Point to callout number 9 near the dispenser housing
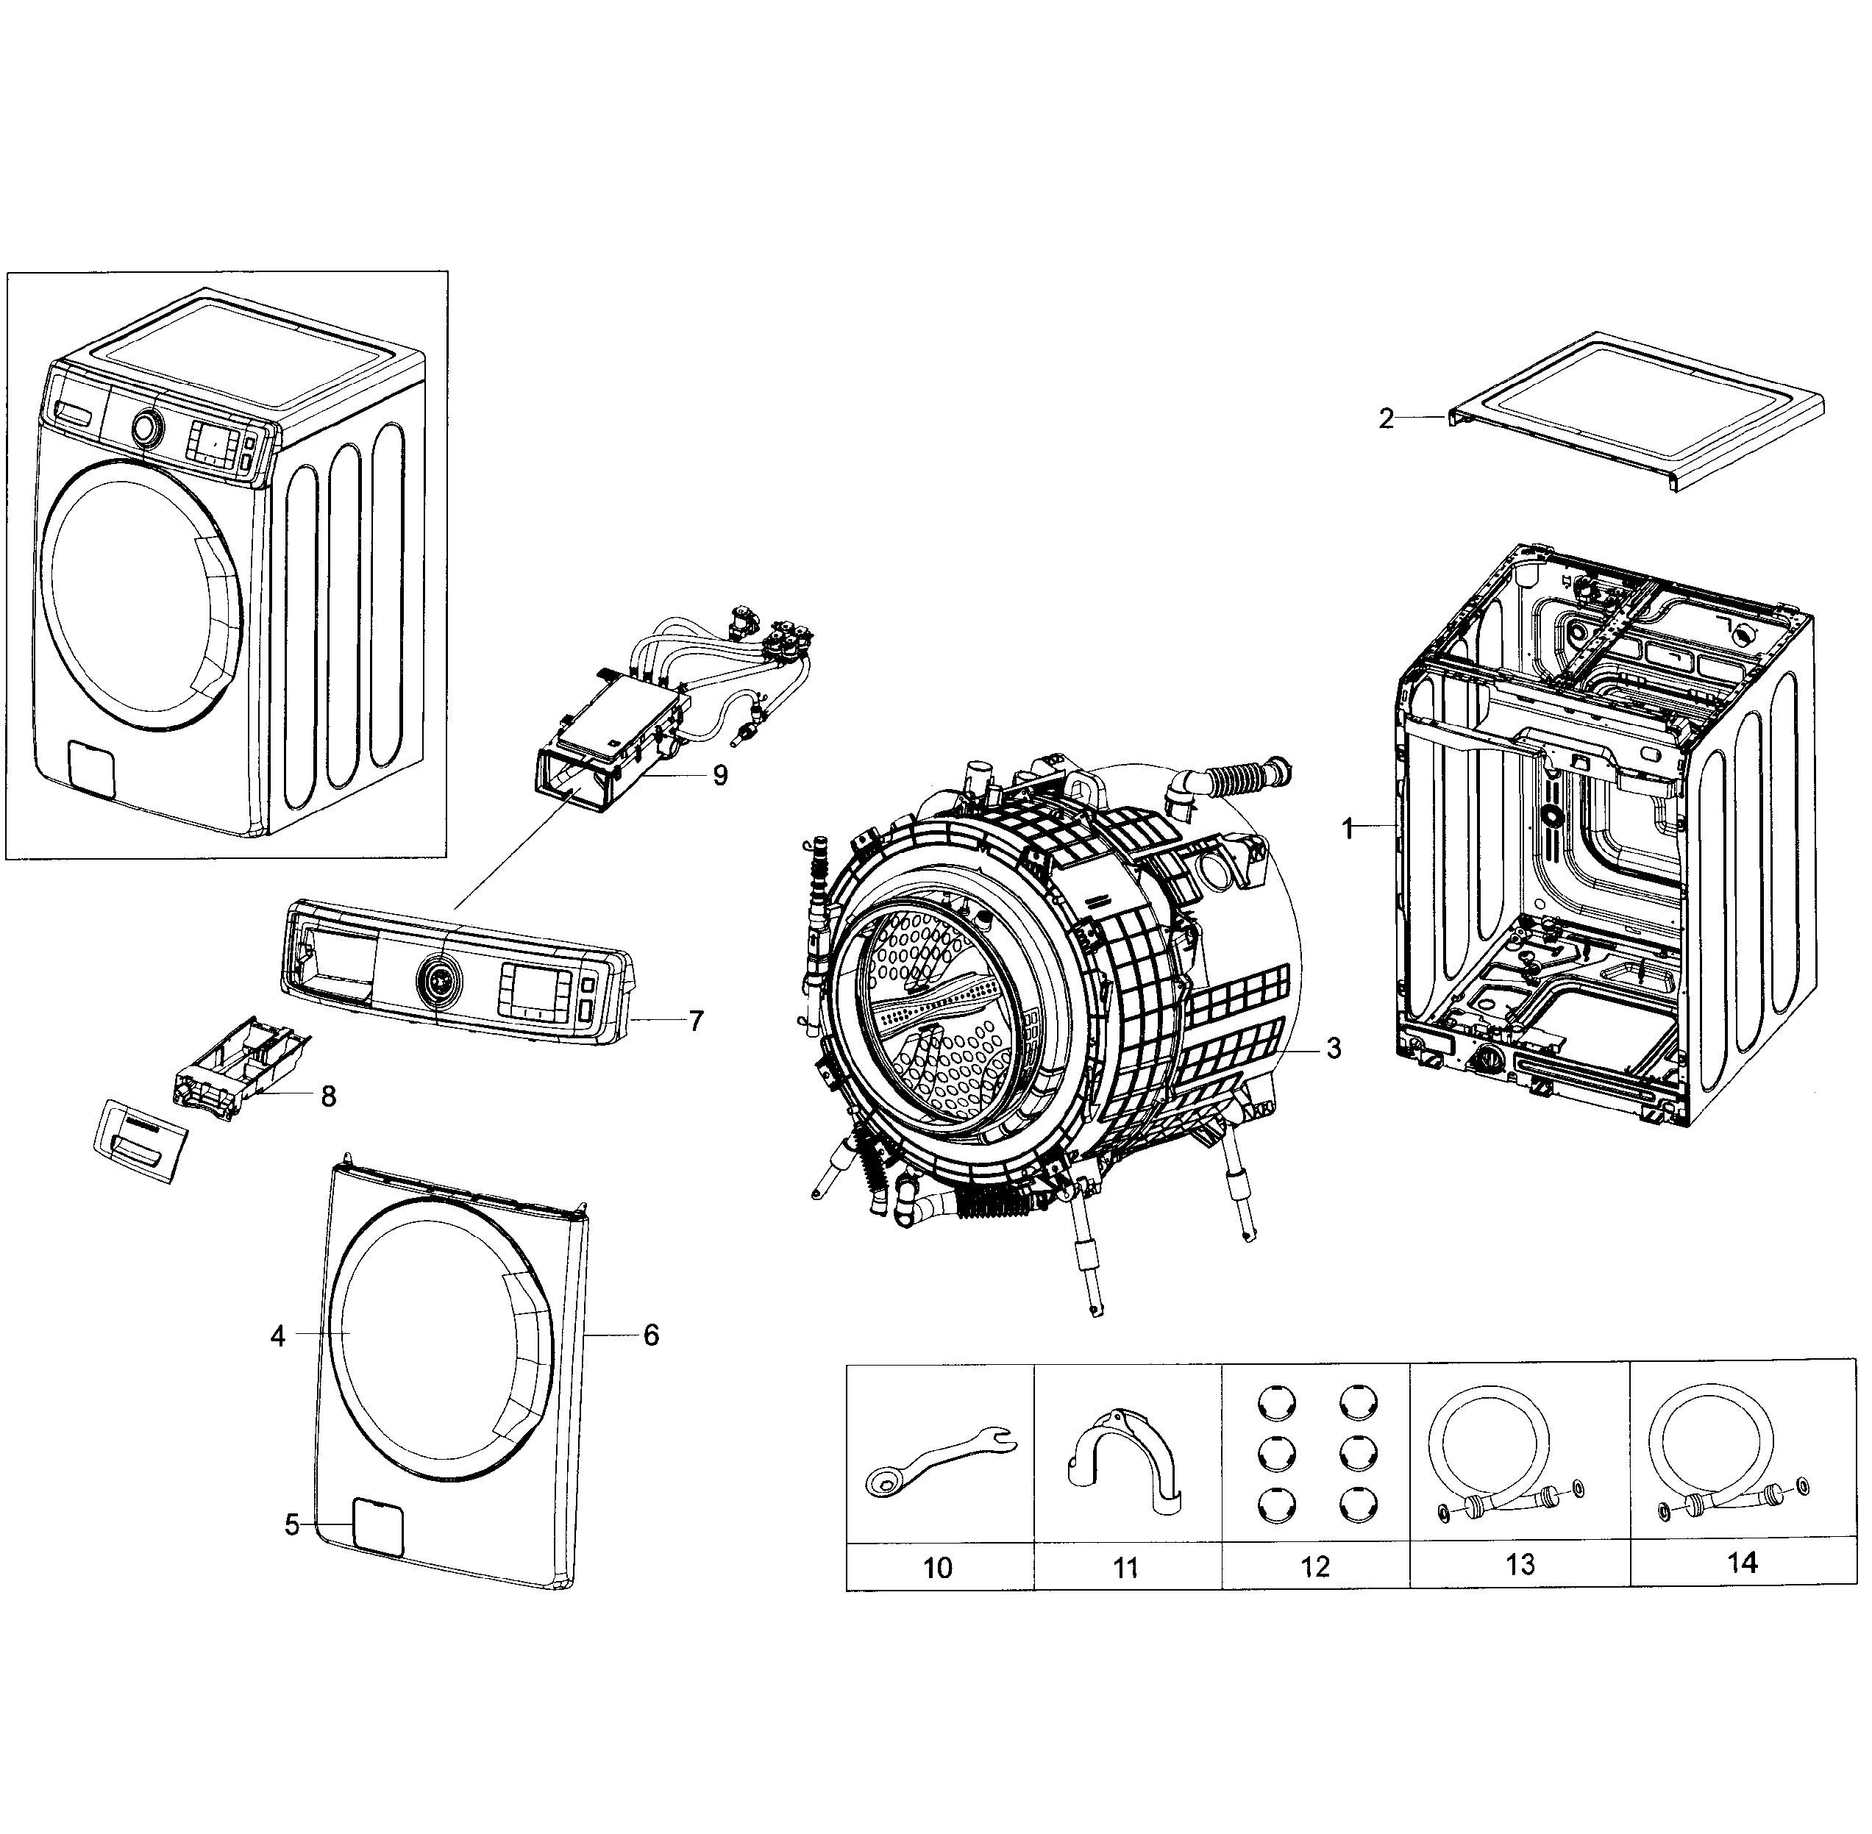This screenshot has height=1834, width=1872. point(719,775)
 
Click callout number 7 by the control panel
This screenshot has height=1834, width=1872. point(696,1020)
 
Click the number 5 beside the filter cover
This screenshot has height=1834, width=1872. point(292,1525)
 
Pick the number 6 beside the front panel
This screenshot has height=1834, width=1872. point(651,1335)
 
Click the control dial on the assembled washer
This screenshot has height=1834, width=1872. point(146,427)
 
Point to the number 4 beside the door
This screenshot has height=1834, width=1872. point(277,1336)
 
